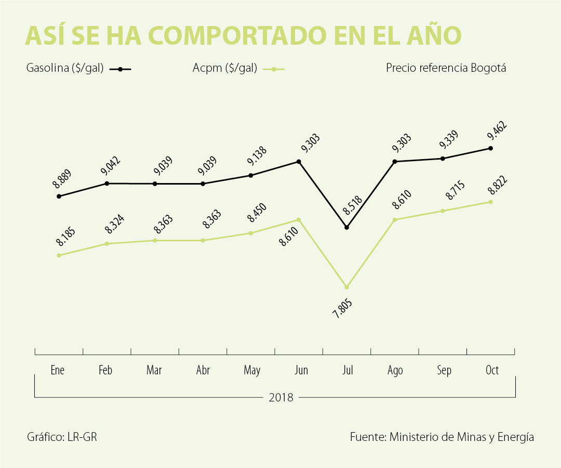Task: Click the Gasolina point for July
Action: [346, 227]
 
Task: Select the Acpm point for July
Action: [346, 287]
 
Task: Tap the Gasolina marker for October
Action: [490, 148]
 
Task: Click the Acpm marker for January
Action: [59, 255]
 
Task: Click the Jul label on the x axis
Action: [348, 370]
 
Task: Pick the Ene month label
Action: [58, 370]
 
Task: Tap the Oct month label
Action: [491, 370]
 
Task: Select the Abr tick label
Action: [203, 370]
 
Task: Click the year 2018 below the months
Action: [280, 398]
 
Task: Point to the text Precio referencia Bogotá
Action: [446, 68]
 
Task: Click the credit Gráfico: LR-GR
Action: [62, 437]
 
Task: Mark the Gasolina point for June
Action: [299, 162]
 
